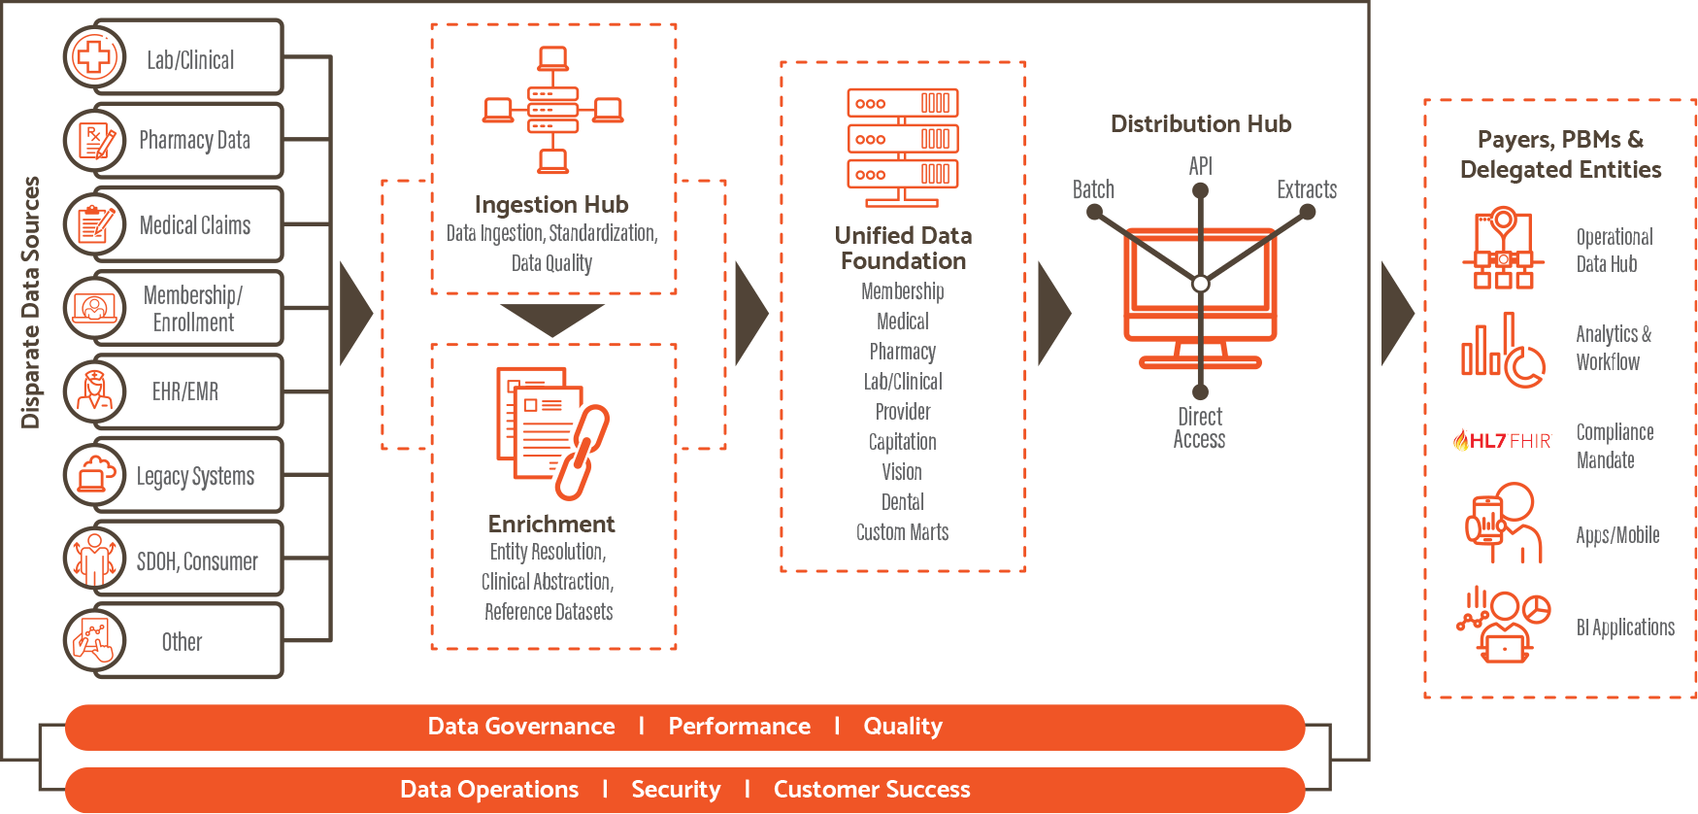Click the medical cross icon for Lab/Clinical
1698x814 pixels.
click(x=94, y=57)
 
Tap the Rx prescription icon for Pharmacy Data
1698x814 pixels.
click(x=94, y=141)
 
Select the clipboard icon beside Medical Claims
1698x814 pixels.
click(x=94, y=224)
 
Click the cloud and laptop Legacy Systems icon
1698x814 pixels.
click(x=94, y=475)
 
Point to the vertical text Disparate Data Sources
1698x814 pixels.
click(x=30, y=302)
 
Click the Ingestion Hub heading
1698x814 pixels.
click(x=551, y=205)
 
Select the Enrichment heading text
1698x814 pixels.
click(x=551, y=525)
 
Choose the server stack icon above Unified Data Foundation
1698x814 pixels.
click(x=903, y=147)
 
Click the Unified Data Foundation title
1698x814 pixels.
click(x=903, y=248)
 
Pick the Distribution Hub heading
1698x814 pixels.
click(x=1201, y=124)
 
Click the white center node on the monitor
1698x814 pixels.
click(x=1201, y=284)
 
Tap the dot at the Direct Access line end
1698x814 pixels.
click(x=1201, y=392)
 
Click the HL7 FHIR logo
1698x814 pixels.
click(x=1502, y=440)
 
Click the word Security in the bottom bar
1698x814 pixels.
click(x=676, y=790)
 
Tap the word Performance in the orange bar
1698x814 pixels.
click(x=739, y=727)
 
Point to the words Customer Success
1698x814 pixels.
click(x=872, y=790)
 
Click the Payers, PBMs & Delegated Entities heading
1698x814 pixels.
click(x=1560, y=154)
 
